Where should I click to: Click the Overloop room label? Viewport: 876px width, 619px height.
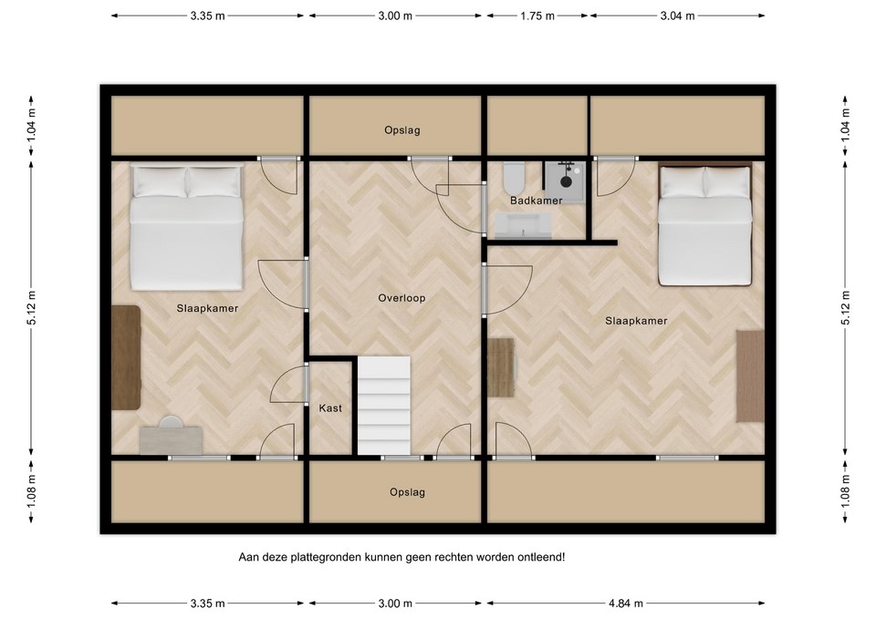click(x=401, y=298)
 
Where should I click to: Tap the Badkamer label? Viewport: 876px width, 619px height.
click(x=536, y=201)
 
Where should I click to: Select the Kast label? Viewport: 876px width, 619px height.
click(x=330, y=408)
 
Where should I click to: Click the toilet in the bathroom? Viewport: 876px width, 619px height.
click(x=513, y=176)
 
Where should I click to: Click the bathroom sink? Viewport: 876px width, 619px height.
click(x=523, y=225)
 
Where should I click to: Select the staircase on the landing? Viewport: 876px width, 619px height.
click(x=384, y=406)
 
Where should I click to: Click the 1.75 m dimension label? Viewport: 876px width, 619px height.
click(x=537, y=16)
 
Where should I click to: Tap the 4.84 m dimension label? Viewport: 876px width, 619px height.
click(x=626, y=604)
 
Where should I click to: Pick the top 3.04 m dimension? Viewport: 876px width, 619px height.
click(x=678, y=16)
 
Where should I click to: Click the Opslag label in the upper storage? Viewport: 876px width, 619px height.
click(x=402, y=130)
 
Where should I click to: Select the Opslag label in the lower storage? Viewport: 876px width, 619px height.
click(x=407, y=492)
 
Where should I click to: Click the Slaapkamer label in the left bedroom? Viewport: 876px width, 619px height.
click(x=207, y=308)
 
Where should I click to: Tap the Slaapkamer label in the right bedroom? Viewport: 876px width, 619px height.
click(x=636, y=321)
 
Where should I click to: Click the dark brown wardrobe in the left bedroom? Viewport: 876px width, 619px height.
click(x=126, y=357)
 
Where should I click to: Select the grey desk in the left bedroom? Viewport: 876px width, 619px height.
click(x=171, y=439)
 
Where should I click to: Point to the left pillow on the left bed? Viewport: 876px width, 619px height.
click(x=159, y=182)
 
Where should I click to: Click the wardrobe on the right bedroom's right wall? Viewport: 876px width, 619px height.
click(x=750, y=376)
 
